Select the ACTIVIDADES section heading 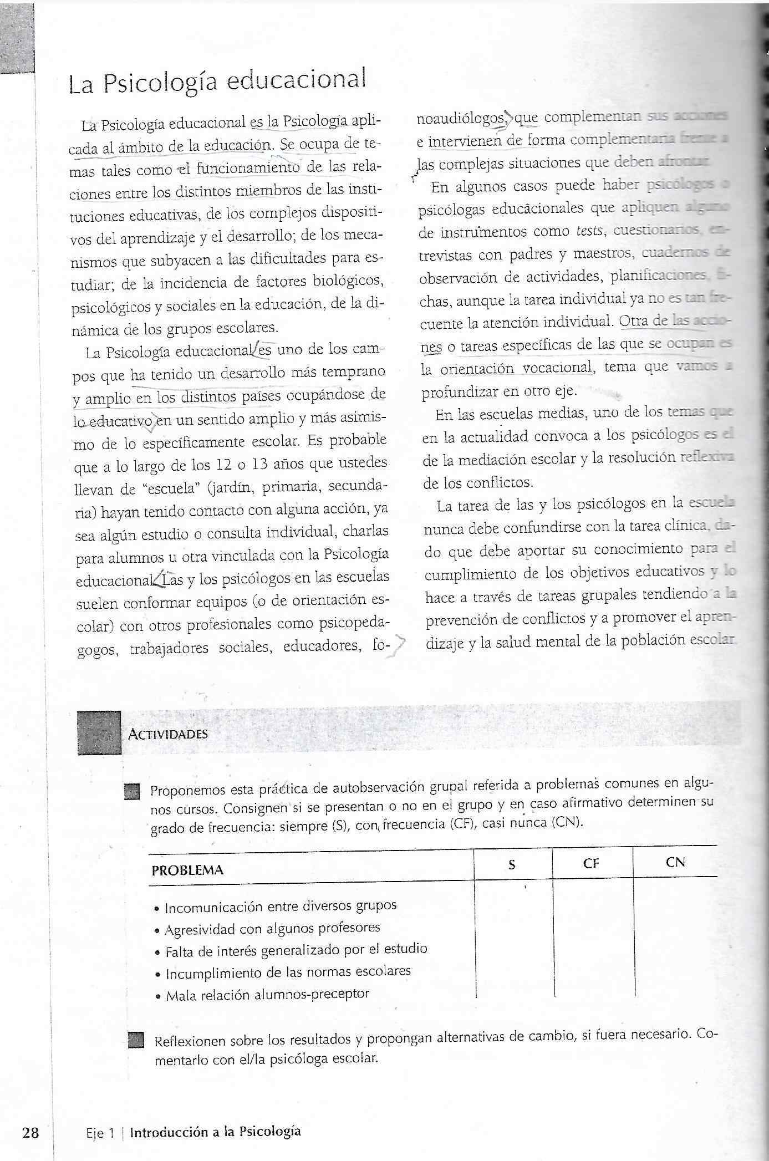coord(167,734)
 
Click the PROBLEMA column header coord(187,870)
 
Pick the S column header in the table coord(512,864)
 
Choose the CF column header coord(591,863)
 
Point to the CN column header coord(675,862)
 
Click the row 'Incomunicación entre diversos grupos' coord(281,906)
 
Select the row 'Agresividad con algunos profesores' coord(272,928)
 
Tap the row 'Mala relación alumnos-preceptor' coord(267,994)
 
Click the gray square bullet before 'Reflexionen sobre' coord(135,1040)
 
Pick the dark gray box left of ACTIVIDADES coord(99,732)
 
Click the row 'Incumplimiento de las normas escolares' coord(288,972)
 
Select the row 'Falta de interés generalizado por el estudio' coord(296,950)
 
